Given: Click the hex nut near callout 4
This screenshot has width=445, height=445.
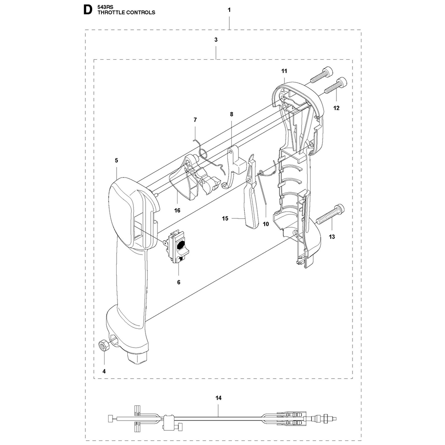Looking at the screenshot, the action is click(x=102, y=346).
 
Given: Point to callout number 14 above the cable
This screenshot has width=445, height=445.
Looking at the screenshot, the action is click(x=218, y=398).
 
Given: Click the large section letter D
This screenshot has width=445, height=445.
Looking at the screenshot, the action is click(x=88, y=10).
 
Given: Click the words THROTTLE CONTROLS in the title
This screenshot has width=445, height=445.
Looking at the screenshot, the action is click(x=126, y=12).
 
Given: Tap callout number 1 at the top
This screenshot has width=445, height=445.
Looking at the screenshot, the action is click(x=229, y=10).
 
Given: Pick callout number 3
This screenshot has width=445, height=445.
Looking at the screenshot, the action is click(x=216, y=40).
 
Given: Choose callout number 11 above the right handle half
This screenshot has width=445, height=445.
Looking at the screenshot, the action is click(x=284, y=71).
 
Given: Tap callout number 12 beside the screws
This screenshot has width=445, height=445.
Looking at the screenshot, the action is click(x=336, y=108).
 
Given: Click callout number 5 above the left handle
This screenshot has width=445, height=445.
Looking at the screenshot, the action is click(x=116, y=161).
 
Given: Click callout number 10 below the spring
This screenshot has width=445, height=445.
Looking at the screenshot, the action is click(x=266, y=224).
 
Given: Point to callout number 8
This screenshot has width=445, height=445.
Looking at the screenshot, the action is click(x=231, y=114).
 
